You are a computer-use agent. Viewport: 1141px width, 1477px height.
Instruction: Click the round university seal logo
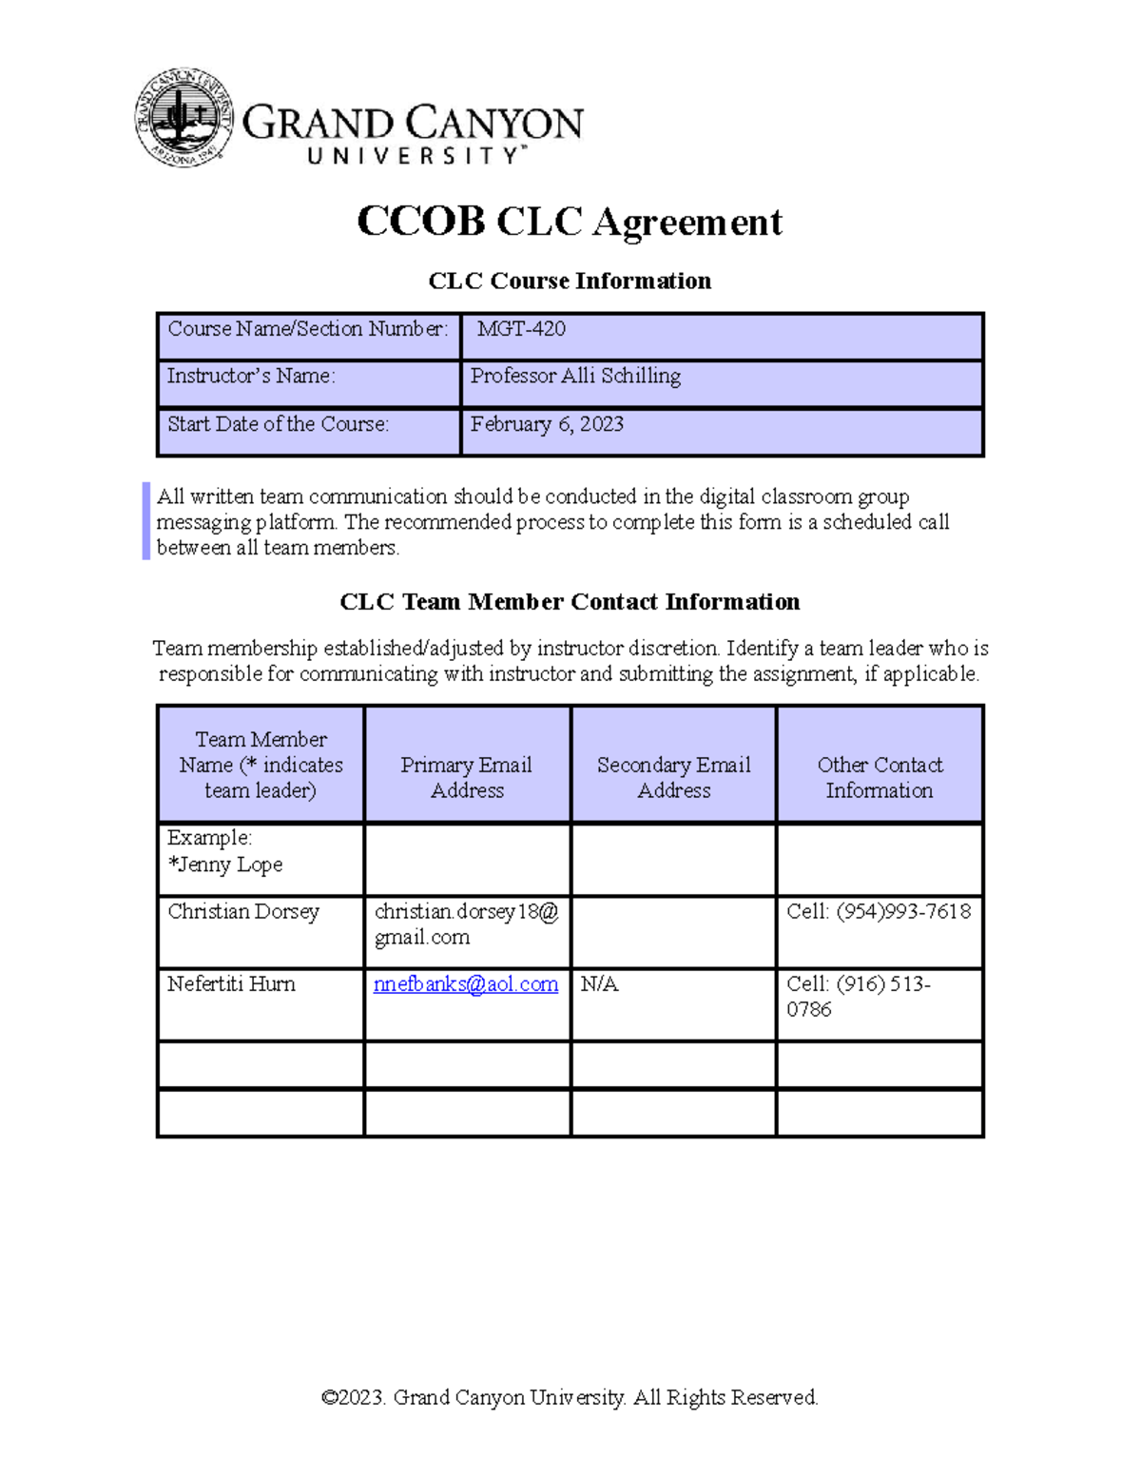tap(184, 118)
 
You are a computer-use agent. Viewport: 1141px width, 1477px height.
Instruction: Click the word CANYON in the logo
tap(494, 124)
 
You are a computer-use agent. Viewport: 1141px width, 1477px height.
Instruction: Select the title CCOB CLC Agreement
tap(569, 222)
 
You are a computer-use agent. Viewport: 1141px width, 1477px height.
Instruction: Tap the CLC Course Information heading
tap(569, 281)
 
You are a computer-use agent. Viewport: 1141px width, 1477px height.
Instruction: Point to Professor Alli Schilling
tap(575, 377)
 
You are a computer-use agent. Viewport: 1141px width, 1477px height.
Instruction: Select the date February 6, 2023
tap(547, 424)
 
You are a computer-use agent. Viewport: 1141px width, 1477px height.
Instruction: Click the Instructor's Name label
tap(251, 377)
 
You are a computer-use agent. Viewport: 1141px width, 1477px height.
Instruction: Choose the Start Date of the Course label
tap(278, 424)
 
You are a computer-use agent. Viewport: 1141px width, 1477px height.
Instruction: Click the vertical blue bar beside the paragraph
tap(146, 521)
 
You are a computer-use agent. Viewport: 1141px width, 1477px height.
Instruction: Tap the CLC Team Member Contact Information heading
tap(569, 602)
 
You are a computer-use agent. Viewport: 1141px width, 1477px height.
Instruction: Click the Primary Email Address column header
tap(466, 777)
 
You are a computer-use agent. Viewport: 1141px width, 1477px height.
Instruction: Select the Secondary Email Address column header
tap(673, 777)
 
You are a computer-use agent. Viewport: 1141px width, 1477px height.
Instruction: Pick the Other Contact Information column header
tap(880, 777)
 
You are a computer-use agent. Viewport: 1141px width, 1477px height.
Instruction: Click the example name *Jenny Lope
tap(225, 865)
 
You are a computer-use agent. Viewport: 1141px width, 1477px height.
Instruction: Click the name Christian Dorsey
tap(243, 911)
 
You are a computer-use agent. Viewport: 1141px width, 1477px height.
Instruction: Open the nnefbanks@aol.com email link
tap(466, 984)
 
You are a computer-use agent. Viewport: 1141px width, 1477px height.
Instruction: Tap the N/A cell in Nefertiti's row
tap(599, 984)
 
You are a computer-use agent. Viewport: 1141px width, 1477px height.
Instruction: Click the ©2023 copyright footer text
tap(569, 1397)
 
